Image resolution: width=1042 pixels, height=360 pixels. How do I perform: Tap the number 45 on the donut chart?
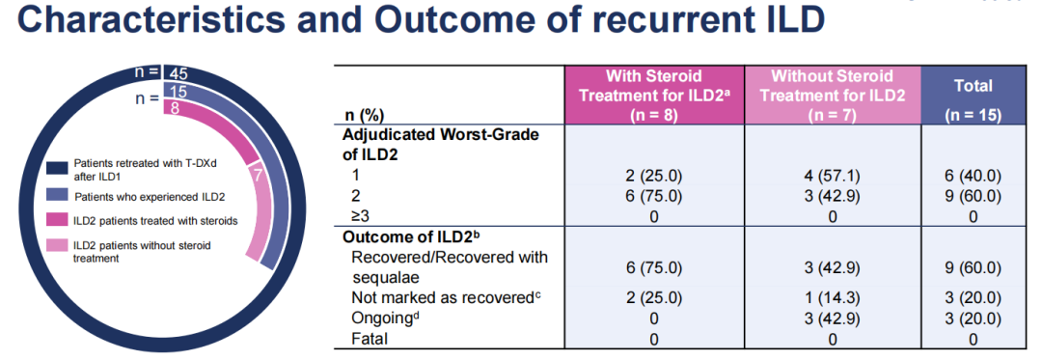point(178,73)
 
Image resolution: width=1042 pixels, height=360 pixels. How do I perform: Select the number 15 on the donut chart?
point(178,92)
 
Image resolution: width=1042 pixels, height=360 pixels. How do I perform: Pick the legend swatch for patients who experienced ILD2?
point(57,197)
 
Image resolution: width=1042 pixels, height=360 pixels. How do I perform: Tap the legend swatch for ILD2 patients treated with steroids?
point(57,220)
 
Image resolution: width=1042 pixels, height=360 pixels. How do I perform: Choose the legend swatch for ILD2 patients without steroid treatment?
point(57,246)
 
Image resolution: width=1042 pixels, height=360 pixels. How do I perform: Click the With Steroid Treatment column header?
point(654,95)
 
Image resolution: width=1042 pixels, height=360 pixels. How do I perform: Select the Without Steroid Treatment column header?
point(832,95)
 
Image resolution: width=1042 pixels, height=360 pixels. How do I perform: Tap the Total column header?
point(973,95)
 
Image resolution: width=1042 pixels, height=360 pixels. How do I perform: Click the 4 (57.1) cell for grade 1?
point(833,177)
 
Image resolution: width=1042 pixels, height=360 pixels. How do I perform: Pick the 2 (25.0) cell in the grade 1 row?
point(654,177)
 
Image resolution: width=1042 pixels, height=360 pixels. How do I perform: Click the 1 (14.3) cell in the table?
point(833,297)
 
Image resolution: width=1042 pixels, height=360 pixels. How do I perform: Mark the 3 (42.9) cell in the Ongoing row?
point(833,318)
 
